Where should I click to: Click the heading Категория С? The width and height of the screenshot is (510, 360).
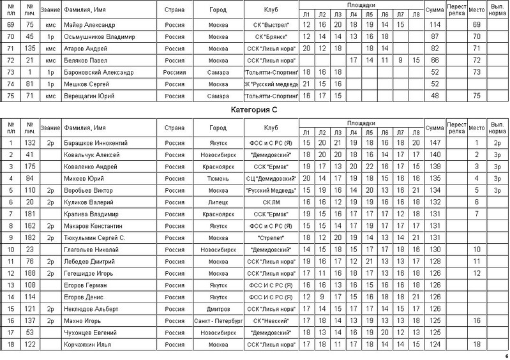point(254,109)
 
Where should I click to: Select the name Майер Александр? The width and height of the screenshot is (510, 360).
point(91,24)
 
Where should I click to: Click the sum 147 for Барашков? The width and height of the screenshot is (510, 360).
point(435,143)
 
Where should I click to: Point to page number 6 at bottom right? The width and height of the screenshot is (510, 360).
point(506,356)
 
